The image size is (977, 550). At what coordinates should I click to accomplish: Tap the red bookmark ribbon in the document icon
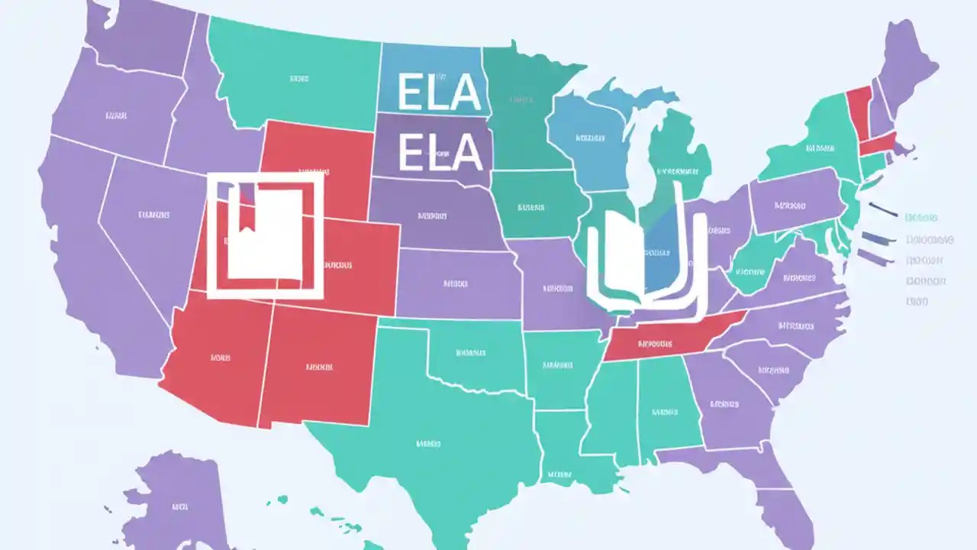[247, 206]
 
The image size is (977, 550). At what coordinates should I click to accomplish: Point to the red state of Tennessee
[664, 342]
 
